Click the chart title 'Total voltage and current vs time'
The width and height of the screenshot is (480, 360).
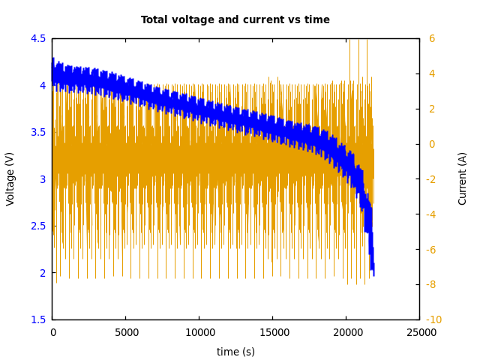(235, 20)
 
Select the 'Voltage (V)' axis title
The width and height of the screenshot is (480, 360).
(10, 179)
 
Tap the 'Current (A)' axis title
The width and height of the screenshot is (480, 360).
(463, 178)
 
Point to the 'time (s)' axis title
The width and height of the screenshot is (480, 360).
(235, 352)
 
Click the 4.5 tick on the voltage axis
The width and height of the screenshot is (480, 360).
(37, 38)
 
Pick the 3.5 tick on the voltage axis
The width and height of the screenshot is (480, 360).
(37, 132)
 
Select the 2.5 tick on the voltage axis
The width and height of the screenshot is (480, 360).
(37, 226)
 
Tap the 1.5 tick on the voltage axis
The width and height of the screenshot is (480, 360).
(37, 319)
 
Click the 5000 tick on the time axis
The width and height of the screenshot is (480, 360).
(125, 332)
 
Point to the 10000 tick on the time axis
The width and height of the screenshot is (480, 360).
(199, 332)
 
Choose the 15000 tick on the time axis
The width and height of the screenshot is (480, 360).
(272, 332)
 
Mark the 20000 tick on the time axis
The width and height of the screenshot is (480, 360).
(346, 332)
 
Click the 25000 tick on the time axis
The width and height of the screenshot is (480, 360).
(419, 332)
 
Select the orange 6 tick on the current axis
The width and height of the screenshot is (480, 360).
(431, 38)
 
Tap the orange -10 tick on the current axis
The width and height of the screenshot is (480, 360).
(433, 319)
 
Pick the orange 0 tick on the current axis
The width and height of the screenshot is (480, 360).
(431, 144)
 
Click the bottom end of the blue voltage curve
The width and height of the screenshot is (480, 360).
(373, 274)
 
